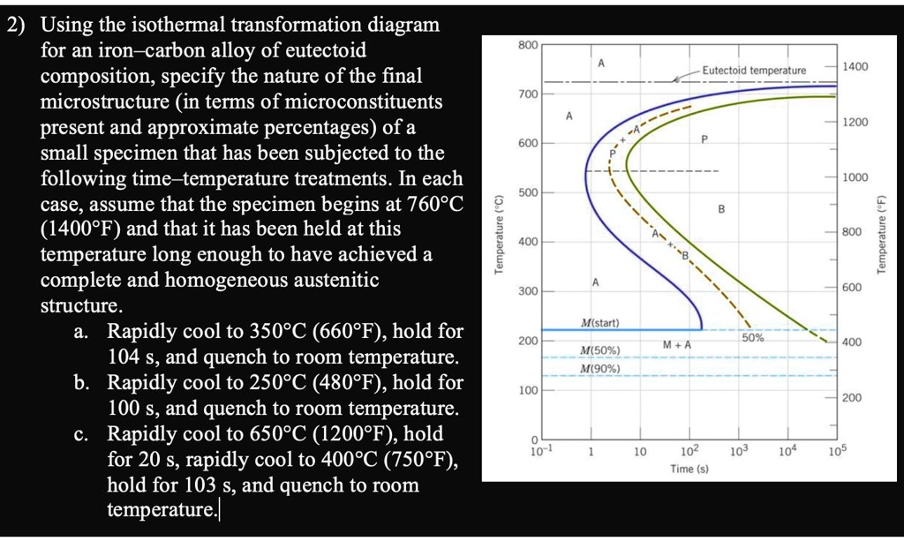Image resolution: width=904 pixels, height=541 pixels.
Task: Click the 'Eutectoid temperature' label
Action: tap(754, 70)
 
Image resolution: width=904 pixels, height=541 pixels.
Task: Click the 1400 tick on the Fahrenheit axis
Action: tap(855, 66)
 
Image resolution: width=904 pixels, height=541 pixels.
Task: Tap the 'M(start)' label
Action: tap(600, 321)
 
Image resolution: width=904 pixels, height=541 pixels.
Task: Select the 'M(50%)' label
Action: tap(600, 350)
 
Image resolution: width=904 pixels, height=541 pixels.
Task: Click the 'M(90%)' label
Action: tap(600, 368)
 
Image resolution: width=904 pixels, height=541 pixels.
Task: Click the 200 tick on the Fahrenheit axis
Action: tap(851, 398)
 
